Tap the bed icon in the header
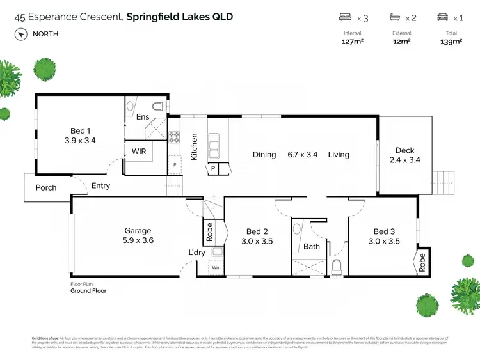pos(345,18)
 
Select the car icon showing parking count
pos(441,18)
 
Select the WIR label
pos(140,152)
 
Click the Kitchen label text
pos(195,146)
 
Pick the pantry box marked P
pos(212,169)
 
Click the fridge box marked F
pos(175,164)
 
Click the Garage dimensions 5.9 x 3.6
pos(138,240)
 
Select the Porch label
pos(46,188)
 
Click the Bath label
pos(312,246)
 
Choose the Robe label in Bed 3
pos(422,262)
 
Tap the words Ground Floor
pos(88,290)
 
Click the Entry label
pos(100,186)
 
